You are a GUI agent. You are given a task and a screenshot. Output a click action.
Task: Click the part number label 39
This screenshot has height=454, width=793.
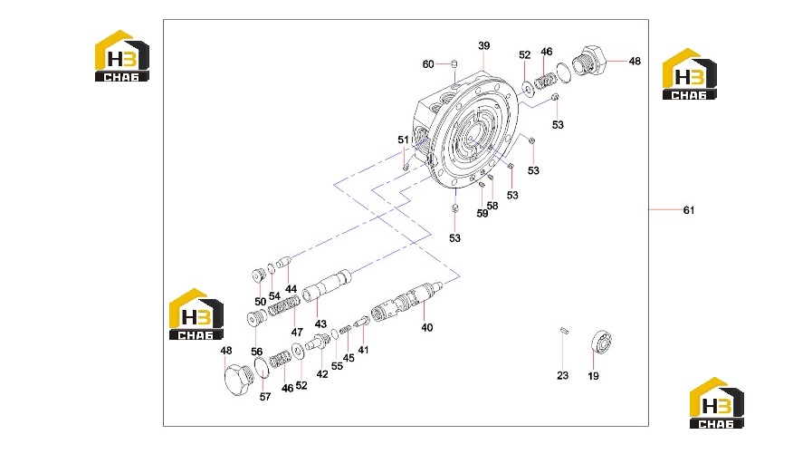484,45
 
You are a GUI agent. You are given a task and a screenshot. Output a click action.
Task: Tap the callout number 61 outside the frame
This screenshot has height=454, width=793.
689,210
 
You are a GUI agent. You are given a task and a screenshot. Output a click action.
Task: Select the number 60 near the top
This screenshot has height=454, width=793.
428,64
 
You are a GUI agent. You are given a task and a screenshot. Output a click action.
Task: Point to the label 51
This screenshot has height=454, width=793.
403,140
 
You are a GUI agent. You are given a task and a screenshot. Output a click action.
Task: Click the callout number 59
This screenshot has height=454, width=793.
482,214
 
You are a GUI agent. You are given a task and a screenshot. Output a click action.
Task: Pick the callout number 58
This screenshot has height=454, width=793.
492,206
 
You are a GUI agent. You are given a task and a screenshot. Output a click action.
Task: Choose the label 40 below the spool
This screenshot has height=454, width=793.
427,327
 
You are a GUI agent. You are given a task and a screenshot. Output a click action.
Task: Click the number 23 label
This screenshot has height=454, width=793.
562,375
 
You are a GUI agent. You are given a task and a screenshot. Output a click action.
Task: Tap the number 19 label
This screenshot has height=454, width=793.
593,376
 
